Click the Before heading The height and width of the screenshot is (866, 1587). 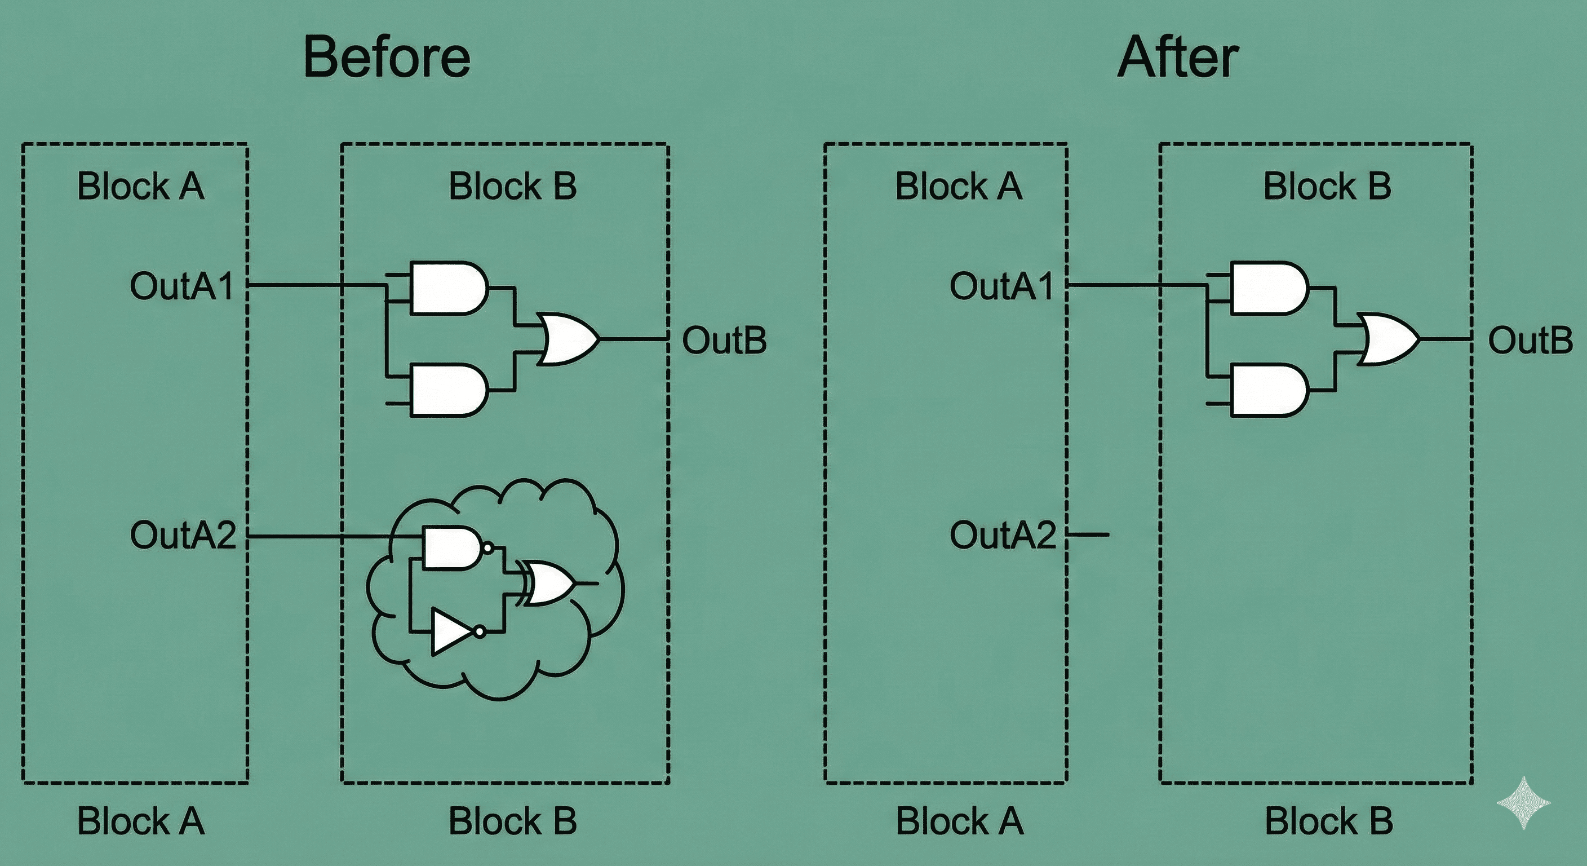tap(387, 58)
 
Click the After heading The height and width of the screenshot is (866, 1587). tap(1177, 58)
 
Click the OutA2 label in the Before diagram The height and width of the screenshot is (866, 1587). tap(183, 535)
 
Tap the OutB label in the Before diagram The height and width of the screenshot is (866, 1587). tap(724, 340)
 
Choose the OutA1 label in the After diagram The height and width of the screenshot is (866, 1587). tap(1001, 286)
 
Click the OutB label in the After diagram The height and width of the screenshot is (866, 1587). tap(1530, 340)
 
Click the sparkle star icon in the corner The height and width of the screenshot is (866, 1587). tap(1523, 802)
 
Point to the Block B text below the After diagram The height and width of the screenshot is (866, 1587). tap(1329, 821)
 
